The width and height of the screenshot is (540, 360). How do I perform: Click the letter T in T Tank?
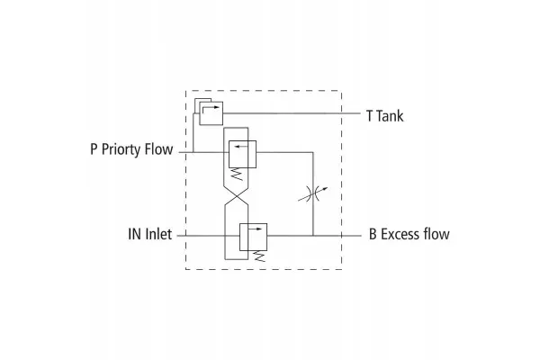coord(370,116)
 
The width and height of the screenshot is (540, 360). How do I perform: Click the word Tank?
coord(389,116)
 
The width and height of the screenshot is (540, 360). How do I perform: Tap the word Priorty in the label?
coord(121,150)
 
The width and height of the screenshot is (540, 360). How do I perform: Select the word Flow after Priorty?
coord(158,149)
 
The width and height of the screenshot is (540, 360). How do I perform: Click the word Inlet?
coord(158,234)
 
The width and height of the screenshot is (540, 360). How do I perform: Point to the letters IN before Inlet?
coord(134,234)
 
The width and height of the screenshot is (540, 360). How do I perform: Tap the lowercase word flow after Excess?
coord(436,234)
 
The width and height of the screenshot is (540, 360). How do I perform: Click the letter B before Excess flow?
coord(373,234)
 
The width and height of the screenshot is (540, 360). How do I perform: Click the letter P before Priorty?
coord(94,149)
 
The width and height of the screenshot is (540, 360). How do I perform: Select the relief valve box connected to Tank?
coord(211,113)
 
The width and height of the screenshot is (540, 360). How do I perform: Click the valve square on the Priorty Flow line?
coord(242,154)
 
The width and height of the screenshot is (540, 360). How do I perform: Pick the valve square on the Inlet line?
coord(253,237)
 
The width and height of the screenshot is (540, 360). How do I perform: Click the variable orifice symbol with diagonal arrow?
coord(313,194)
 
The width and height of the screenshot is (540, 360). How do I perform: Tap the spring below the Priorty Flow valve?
coord(237,174)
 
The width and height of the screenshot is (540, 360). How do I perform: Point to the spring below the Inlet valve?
coord(259,256)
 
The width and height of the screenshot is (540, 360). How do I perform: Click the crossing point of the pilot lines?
coord(236,196)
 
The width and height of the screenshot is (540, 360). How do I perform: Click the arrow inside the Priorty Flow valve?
coord(241,147)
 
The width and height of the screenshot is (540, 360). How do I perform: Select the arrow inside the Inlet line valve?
coord(256,229)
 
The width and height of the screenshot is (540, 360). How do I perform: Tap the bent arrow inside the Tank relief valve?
coord(210,109)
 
